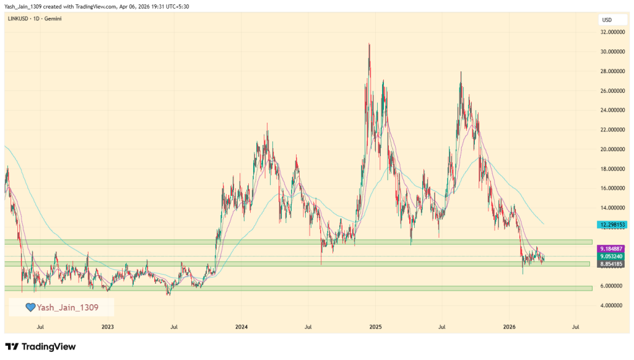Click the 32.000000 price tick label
pos(611,32)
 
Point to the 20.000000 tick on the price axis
pos(611,149)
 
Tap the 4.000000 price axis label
pos(611,305)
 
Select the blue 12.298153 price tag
pos(611,224)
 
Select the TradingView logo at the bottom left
pos(40,346)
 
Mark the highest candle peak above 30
pos(369,44)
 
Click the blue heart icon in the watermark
pos(29,307)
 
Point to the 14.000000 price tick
pos(611,208)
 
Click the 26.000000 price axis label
pos(611,90)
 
